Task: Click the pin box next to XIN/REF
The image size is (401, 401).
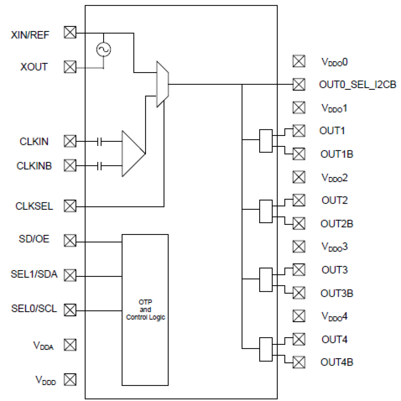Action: tap(70, 32)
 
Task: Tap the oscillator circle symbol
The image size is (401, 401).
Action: tap(103, 49)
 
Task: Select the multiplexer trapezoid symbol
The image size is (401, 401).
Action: tap(162, 84)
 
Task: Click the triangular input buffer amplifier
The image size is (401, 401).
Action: tap(132, 154)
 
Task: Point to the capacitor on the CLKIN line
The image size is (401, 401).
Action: tap(99, 141)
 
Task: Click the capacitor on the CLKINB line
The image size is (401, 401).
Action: tap(99, 166)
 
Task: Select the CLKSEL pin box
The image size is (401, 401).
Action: tap(70, 206)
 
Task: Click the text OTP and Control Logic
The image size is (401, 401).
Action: tap(145, 310)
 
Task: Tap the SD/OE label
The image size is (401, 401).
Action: tap(34, 239)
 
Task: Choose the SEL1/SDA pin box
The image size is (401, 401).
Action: tap(70, 275)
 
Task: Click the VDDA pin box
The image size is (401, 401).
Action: tap(70, 345)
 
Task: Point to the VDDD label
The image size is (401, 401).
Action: tap(45, 380)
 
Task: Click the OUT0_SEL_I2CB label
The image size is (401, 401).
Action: tap(357, 85)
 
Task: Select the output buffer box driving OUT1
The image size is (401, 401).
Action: tap(266, 141)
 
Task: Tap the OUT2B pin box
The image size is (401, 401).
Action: tap(299, 223)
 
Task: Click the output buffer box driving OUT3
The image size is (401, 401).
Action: tap(266, 280)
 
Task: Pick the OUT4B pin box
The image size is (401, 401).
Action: tap(299, 362)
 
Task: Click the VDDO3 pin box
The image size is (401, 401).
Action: tap(299, 246)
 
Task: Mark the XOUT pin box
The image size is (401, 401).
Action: tap(70, 67)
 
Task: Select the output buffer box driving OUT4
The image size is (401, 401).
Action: tap(266, 349)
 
